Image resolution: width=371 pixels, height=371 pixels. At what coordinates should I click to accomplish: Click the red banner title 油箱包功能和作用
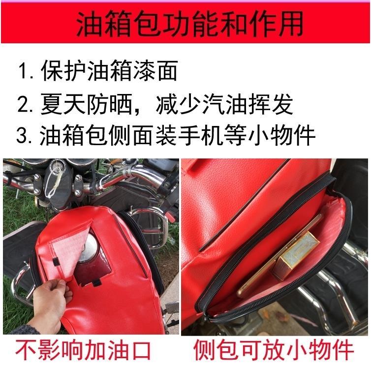point(190,24)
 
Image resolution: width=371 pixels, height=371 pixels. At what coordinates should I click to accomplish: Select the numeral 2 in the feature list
point(23,104)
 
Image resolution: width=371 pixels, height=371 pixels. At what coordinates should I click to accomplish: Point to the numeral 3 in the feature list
point(22,136)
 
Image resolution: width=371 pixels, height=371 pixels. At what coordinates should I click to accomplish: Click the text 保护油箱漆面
point(109,70)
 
